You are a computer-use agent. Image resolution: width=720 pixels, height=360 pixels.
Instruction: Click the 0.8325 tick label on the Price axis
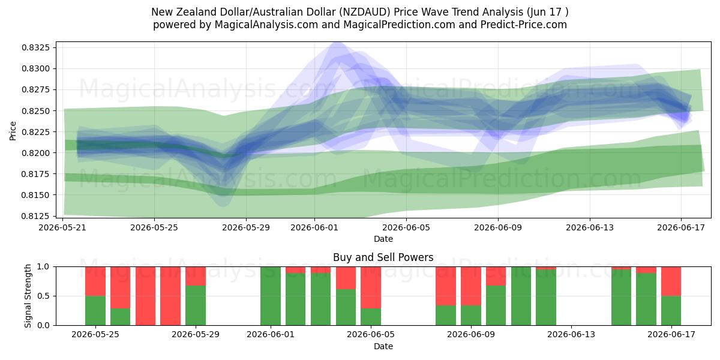click(35, 47)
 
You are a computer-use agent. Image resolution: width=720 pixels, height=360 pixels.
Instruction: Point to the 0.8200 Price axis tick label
click(35, 153)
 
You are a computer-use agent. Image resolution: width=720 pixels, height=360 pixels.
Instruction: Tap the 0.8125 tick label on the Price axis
click(35, 216)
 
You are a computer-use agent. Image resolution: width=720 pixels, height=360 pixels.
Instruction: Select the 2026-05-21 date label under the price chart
click(62, 227)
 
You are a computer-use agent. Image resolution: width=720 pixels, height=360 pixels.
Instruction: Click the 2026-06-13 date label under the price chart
click(590, 227)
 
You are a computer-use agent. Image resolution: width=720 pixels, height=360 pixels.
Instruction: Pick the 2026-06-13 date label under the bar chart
click(571, 335)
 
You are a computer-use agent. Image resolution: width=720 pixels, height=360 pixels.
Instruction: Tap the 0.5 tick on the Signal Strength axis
click(44, 296)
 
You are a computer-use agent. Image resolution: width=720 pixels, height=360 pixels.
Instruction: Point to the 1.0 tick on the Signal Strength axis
click(44, 267)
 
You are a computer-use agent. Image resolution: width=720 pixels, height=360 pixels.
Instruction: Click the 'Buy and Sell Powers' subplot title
click(383, 257)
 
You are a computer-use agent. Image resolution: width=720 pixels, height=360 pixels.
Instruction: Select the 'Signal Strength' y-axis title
click(28, 296)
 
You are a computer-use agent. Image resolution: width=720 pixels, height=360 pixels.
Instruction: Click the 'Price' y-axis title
click(13, 131)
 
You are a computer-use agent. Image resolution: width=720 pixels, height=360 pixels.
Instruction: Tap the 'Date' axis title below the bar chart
click(383, 346)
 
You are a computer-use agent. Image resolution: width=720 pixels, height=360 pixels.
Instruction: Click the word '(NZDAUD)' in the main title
click(365, 12)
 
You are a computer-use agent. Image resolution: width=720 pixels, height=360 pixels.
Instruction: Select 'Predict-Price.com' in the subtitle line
click(524, 25)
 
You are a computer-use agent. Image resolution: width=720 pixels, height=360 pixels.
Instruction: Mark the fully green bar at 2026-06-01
click(271, 296)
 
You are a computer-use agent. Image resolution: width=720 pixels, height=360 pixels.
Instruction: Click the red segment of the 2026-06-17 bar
click(671, 281)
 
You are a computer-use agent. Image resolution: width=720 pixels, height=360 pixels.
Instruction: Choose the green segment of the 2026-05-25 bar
click(95, 311)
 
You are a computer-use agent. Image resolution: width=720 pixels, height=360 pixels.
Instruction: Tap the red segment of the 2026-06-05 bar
click(371, 287)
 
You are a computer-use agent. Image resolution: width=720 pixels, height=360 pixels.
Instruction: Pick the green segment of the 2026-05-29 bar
click(196, 305)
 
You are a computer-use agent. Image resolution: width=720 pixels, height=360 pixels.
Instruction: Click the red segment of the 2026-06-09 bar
click(471, 286)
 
